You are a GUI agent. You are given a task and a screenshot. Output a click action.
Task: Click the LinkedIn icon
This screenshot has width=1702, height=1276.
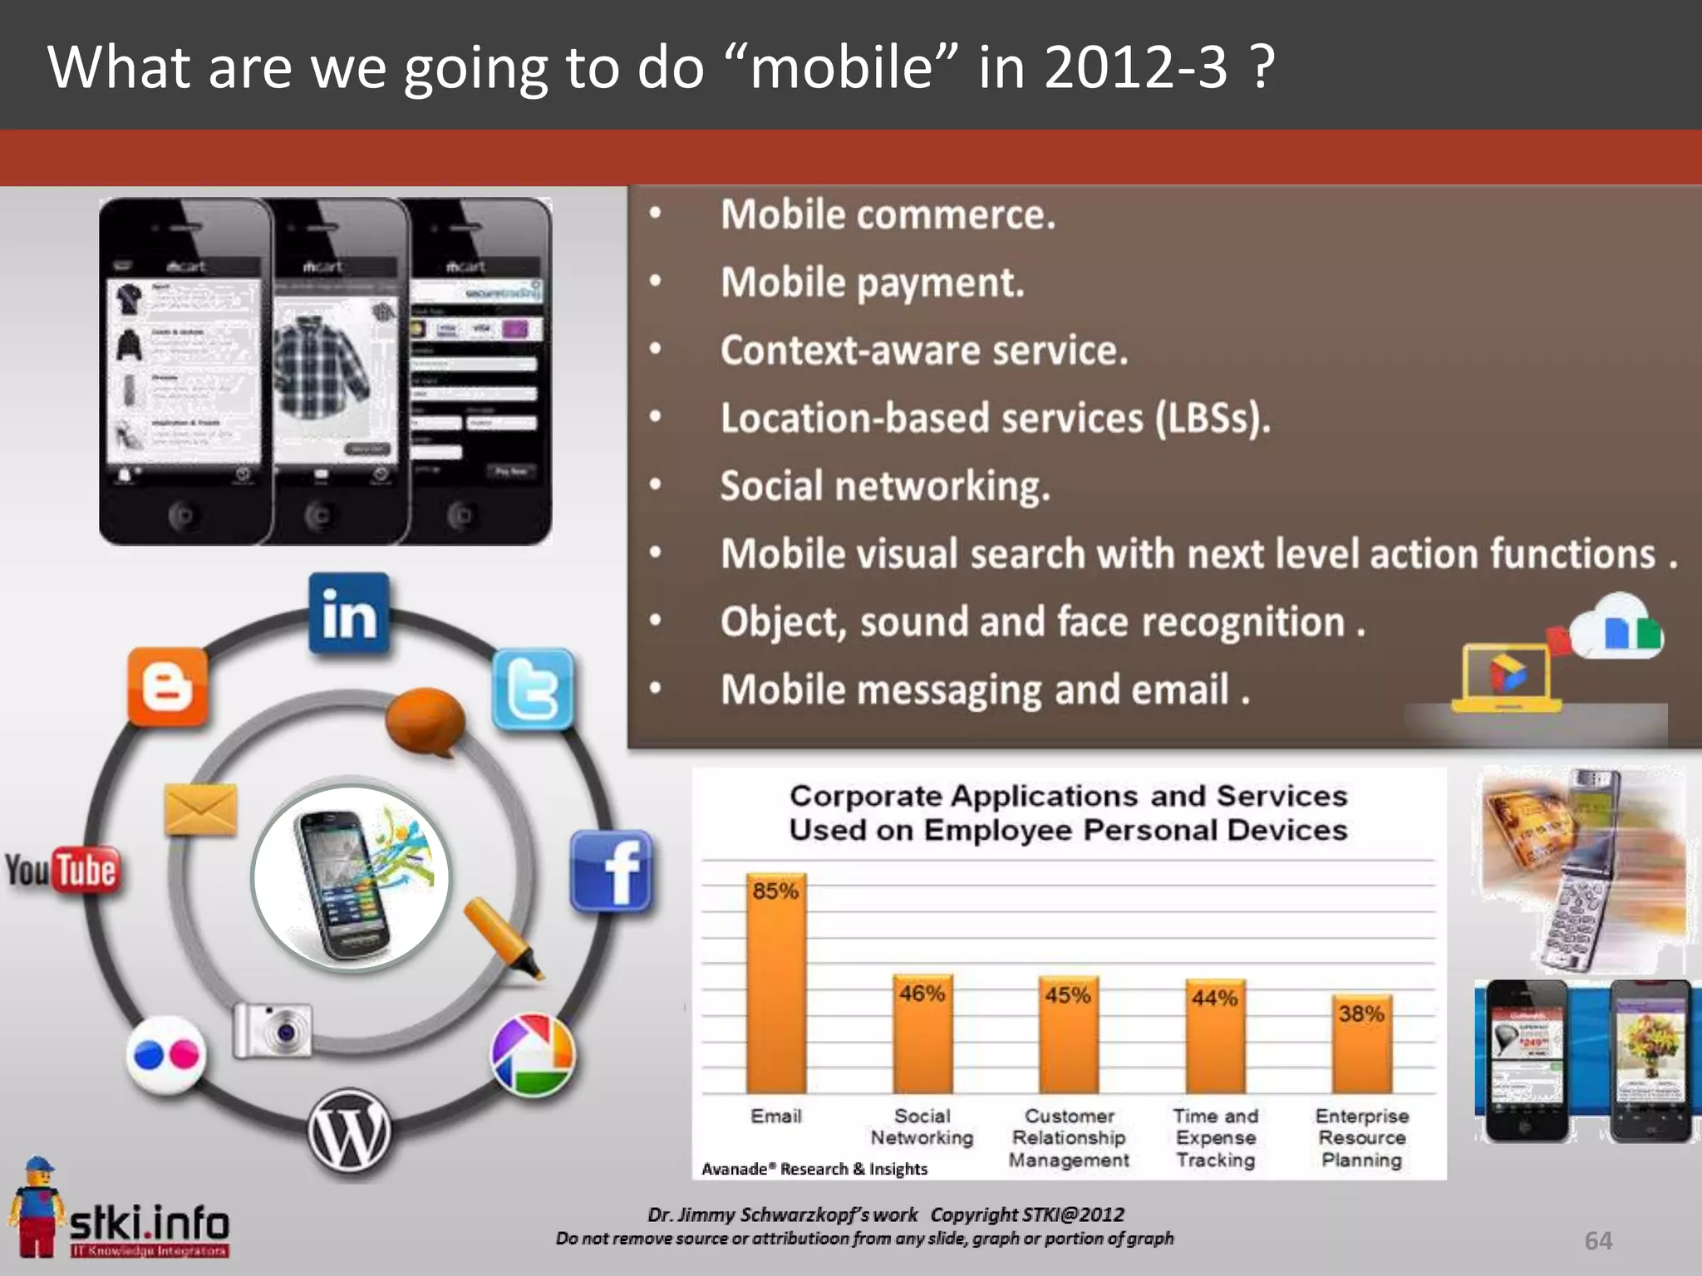click(348, 614)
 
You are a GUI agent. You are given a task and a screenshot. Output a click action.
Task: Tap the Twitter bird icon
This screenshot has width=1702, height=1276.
click(533, 690)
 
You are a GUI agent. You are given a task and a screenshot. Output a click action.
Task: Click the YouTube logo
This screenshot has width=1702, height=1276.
click(62, 870)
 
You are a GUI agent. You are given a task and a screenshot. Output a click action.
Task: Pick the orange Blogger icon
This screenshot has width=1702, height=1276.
click(168, 687)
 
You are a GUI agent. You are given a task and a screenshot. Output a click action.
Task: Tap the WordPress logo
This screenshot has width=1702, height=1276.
click(350, 1132)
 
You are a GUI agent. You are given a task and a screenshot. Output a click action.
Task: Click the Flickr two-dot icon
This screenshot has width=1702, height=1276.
click(166, 1056)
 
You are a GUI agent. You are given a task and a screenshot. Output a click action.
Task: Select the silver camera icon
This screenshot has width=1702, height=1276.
click(273, 1030)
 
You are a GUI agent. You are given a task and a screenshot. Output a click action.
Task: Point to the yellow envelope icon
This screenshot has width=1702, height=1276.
click(200, 809)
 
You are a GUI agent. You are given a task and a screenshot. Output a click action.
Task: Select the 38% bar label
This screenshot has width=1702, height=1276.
click(1361, 1013)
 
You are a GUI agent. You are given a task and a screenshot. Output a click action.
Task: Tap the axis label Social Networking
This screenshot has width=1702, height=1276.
click(922, 1126)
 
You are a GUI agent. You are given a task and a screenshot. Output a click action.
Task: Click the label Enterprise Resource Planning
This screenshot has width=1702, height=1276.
click(1361, 1137)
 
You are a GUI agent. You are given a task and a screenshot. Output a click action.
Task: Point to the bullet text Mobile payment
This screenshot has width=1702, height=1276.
click(872, 283)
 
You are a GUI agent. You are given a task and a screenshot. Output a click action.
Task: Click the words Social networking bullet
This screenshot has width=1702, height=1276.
click(884, 486)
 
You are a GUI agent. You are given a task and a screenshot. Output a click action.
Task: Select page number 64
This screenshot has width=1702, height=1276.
click(1598, 1240)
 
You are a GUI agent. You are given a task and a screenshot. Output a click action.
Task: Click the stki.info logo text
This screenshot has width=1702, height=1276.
click(150, 1223)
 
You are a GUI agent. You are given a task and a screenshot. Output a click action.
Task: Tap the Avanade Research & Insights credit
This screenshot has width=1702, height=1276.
click(814, 1169)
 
